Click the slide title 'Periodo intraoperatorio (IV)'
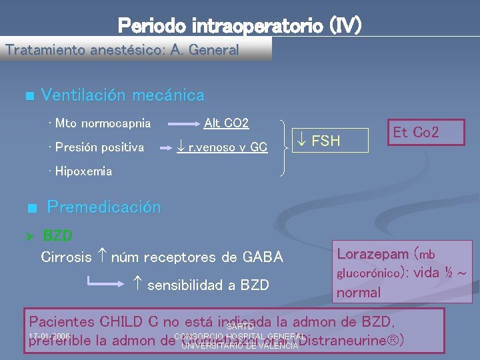pyautogui.click(x=239, y=25)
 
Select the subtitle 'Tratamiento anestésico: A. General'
pyautogui.click(x=121, y=50)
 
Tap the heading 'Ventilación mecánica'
pyautogui.click(x=123, y=95)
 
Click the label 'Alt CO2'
pyautogui.click(x=226, y=123)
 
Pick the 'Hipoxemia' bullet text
pyautogui.click(x=83, y=171)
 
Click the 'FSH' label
pyautogui.click(x=324, y=141)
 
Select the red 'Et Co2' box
pyautogui.click(x=416, y=132)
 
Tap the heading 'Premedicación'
pyautogui.click(x=103, y=207)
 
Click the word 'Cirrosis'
pyautogui.click(x=66, y=257)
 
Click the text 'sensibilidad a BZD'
pyautogui.click(x=208, y=285)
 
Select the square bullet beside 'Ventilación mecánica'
pyautogui.click(x=29, y=97)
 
